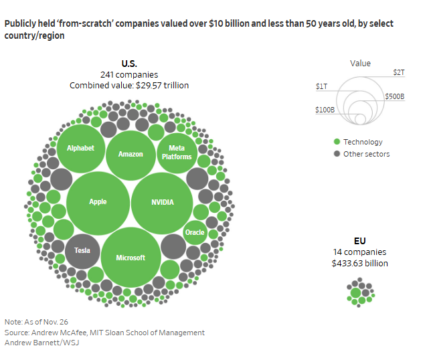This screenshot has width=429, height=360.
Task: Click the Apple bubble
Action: click(98, 202)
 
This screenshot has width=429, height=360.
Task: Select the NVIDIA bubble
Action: click(162, 202)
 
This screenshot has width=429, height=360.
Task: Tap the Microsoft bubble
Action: click(131, 257)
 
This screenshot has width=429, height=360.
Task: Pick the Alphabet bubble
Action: click(81, 149)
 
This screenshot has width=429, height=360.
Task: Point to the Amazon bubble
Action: click(131, 154)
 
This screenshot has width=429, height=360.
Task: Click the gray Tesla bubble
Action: click(82, 250)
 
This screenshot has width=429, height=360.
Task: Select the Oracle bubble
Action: click(195, 232)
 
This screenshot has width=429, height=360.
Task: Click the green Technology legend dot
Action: click(337, 142)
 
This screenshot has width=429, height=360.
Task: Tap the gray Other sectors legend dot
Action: click(337, 154)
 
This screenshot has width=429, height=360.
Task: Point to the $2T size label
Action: click(398, 72)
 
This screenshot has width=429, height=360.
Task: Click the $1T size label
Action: click(322, 86)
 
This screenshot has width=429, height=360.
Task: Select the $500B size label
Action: click(395, 96)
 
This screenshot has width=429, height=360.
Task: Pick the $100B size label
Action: click(325, 109)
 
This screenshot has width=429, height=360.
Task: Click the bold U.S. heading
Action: click(129, 64)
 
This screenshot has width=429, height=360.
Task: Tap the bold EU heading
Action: click(360, 240)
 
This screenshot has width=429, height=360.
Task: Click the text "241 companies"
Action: click(129, 74)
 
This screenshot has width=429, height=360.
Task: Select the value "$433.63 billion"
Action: click(360, 263)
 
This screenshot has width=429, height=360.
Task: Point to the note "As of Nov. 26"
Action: click(40, 322)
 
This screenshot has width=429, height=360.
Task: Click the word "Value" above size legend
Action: click(360, 64)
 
